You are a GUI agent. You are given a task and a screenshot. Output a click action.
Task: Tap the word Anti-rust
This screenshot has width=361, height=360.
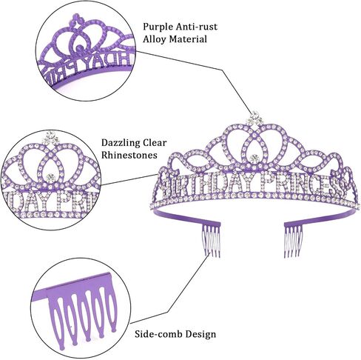tap(196, 26)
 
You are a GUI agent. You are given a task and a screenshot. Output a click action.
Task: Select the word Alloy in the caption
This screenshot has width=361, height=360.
tap(155, 39)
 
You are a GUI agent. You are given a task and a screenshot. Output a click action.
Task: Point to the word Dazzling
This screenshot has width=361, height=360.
tap(121, 143)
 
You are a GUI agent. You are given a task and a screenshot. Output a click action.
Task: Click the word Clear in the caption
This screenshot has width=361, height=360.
tap(155, 142)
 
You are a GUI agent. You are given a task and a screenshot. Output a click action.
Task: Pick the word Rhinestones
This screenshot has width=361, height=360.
tap(129, 155)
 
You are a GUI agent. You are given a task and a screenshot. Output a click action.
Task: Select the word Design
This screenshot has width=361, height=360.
tap(200, 334)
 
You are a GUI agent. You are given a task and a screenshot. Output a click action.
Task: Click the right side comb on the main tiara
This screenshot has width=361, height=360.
tap(293, 240)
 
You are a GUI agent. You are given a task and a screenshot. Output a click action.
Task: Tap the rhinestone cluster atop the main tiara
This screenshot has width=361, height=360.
tap(254, 118)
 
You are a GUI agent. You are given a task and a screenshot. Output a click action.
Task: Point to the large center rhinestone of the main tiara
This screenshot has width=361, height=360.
tap(254, 158)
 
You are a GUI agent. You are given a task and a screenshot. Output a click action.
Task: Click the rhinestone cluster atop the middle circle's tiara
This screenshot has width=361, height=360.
tap(51, 139)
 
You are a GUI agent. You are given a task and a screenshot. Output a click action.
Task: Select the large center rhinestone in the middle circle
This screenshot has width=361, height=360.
tap(51, 178)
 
